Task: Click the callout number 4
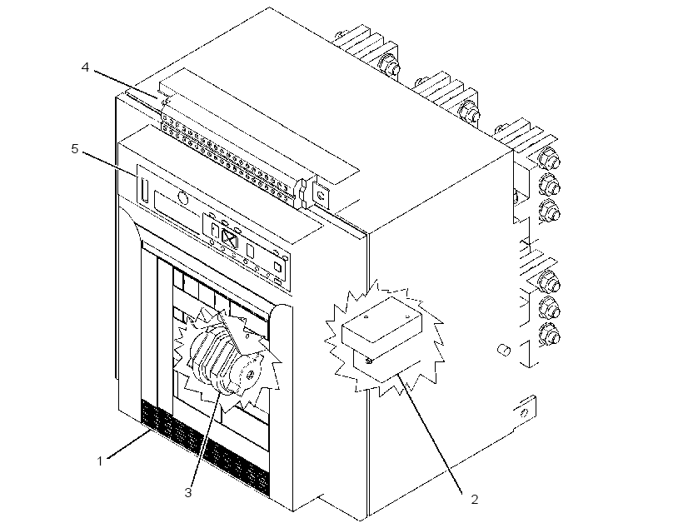pos(85,67)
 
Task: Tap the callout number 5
pos(75,149)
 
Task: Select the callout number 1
pos(100,461)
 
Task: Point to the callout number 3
pos(187,493)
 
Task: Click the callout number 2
pos(475,499)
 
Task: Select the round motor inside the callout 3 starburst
pos(224,360)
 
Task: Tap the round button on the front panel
pos(183,199)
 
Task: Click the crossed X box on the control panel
pos(230,238)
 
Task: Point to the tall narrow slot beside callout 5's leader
pos(145,191)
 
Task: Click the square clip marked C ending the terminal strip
pos(321,195)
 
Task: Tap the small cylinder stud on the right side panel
pos(504,349)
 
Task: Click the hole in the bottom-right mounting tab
pos(525,412)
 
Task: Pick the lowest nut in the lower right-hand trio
pos(549,335)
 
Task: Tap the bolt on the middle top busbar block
pos(469,109)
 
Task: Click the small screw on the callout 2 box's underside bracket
pos(369,361)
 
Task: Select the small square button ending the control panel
pos(277,266)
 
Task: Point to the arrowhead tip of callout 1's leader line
pos(151,431)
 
